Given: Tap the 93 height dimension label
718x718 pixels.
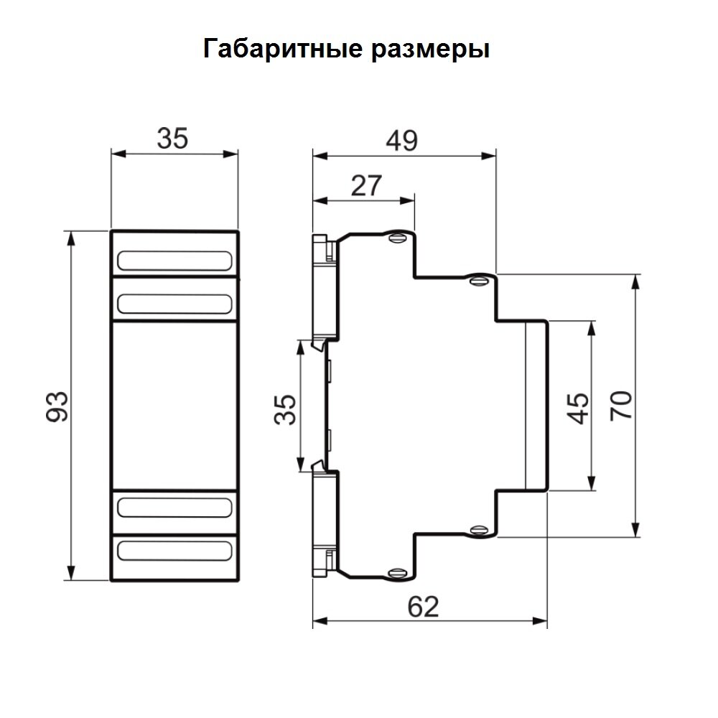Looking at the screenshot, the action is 57,406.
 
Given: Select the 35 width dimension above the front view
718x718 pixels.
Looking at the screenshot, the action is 172,139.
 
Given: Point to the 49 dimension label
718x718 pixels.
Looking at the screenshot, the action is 401,141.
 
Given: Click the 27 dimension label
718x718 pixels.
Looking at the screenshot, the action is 366,185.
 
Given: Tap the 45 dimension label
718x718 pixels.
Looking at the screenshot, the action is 578,408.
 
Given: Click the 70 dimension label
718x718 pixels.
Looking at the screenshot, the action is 621,406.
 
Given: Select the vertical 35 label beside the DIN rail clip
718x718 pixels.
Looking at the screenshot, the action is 285,409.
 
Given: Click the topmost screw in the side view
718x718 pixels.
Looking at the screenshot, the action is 398,238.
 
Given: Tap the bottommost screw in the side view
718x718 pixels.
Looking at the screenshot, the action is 398,573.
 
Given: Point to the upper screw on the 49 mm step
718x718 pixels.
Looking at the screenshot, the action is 480,279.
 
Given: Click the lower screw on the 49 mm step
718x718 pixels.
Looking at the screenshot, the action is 480,531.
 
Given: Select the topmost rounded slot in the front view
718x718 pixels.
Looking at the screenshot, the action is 174,261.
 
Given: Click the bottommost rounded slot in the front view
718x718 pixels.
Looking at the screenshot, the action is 174,551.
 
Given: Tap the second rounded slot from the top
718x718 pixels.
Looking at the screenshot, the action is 174,304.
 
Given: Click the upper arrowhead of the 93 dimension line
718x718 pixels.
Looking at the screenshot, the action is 71,238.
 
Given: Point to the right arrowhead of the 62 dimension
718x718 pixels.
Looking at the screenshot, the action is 541,621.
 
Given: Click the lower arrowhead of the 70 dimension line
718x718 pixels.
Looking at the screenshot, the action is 635,530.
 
